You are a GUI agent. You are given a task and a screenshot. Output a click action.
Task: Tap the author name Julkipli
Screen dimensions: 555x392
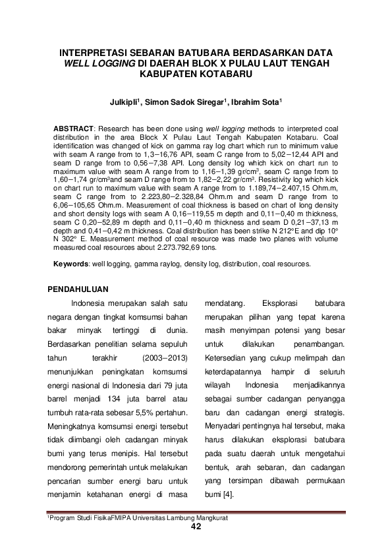point(126,102)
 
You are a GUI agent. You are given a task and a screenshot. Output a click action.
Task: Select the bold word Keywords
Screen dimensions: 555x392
point(70,264)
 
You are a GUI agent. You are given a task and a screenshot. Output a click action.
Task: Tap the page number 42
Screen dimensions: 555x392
point(196,527)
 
